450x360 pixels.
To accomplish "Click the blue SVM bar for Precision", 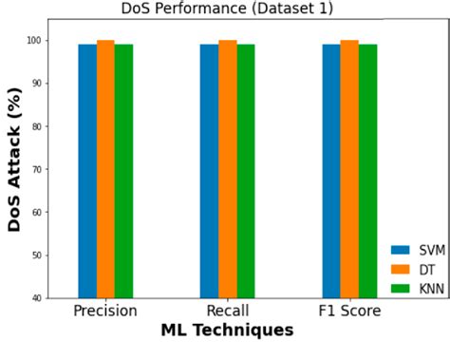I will tap(87, 171).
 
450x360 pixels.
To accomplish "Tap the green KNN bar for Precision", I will tap(123, 171).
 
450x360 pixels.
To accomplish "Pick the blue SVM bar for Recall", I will tap(209, 171).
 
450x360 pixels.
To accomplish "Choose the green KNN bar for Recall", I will tap(246, 171).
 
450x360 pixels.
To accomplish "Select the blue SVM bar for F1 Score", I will tap(331, 171).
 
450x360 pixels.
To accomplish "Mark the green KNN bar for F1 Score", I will tap(368, 171).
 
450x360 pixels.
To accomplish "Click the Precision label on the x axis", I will tap(105, 312).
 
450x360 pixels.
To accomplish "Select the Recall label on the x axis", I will tap(228, 312).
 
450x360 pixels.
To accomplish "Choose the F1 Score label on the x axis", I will tap(349, 312).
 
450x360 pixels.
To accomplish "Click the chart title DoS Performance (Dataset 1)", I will tap(228, 9).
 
